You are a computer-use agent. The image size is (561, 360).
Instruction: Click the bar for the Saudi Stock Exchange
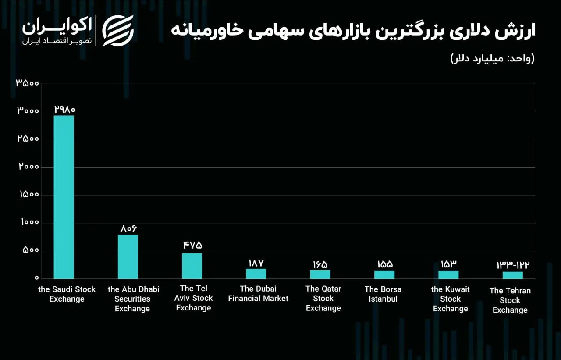[64, 197]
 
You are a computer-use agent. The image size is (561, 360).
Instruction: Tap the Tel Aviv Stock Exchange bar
[192, 266]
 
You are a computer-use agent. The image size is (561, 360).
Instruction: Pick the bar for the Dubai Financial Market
[256, 274]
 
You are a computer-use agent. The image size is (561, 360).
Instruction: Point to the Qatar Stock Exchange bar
[320, 274]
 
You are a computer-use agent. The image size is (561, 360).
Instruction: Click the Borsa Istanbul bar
[384, 274]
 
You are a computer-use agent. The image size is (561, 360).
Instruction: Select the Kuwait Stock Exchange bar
[448, 274]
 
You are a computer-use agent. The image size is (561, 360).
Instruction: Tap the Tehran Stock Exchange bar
[512, 275]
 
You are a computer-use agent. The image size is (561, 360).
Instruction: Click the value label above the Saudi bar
[64, 109]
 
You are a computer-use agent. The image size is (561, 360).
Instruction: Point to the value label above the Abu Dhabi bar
[129, 228]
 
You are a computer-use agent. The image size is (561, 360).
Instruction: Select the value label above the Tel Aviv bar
[193, 246]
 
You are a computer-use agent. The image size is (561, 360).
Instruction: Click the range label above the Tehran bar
[513, 265]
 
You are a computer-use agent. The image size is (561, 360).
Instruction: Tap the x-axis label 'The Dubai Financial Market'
[258, 294]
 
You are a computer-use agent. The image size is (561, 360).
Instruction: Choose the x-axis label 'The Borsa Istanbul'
[383, 294]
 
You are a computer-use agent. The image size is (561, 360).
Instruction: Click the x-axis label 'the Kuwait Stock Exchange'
[451, 299]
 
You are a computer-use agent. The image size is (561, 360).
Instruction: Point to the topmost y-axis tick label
[28, 83]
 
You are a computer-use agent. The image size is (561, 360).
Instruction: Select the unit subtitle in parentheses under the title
[493, 58]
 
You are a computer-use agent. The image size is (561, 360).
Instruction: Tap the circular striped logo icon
[118, 30]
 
